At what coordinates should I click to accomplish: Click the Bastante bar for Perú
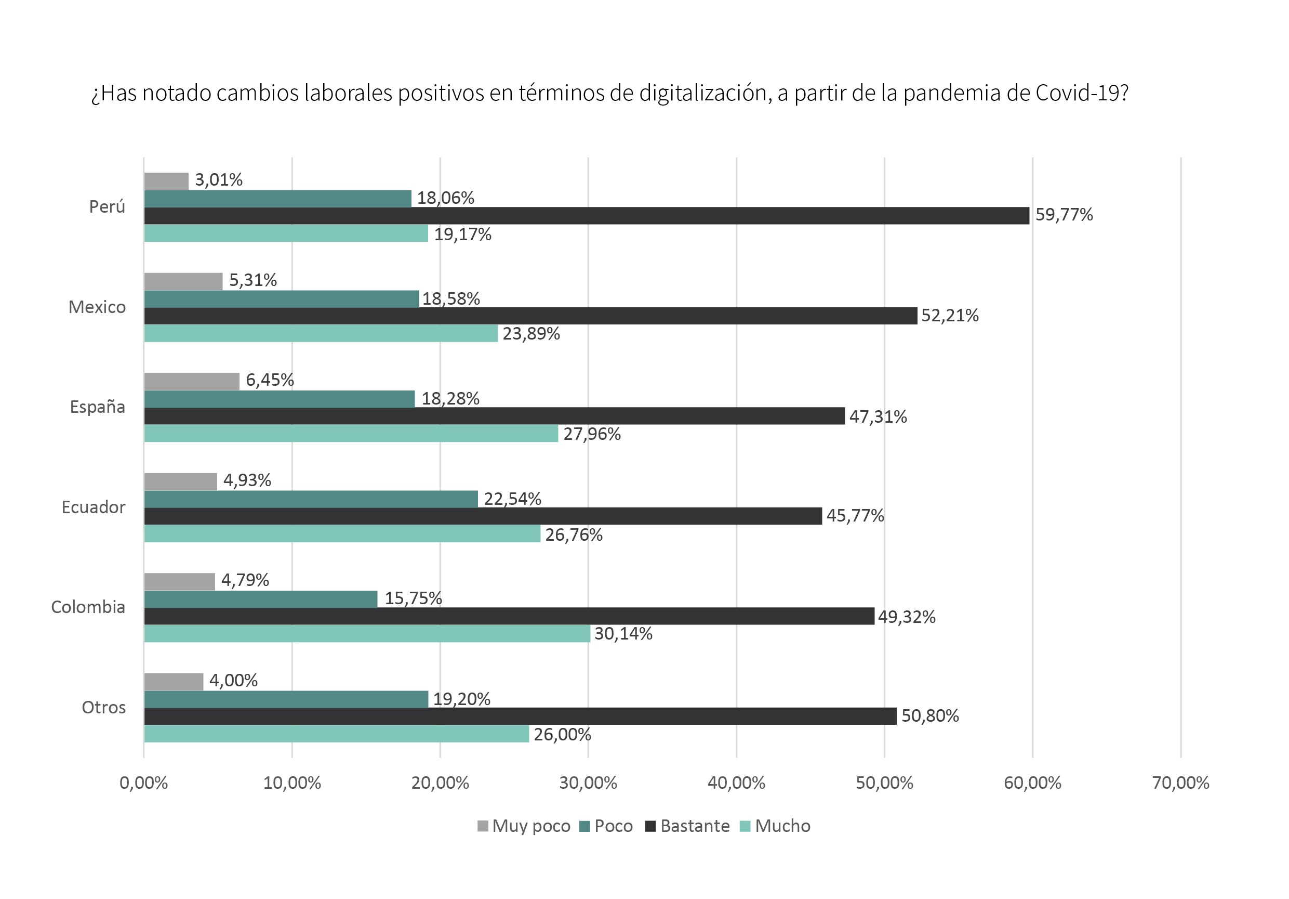click(x=587, y=216)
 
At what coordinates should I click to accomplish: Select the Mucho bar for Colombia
click(x=367, y=634)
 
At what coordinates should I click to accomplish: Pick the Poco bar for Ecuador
click(x=311, y=499)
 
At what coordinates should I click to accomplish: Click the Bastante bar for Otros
click(x=521, y=716)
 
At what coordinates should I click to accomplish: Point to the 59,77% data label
click(x=1064, y=215)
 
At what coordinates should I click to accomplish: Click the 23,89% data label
click(x=531, y=334)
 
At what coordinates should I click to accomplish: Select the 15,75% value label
click(x=413, y=598)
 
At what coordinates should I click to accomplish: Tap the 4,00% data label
click(x=234, y=681)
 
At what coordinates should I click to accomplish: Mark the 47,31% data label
click(x=878, y=417)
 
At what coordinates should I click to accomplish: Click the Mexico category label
click(x=97, y=307)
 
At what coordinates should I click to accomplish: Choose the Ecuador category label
click(x=94, y=507)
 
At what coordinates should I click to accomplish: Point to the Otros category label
click(x=104, y=708)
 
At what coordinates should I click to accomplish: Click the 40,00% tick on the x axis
click(x=736, y=783)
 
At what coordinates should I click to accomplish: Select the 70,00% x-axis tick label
click(x=1180, y=783)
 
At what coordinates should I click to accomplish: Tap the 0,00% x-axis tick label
click(x=144, y=783)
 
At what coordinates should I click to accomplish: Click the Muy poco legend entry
click(x=524, y=827)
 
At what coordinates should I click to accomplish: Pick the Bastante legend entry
click(x=688, y=827)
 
